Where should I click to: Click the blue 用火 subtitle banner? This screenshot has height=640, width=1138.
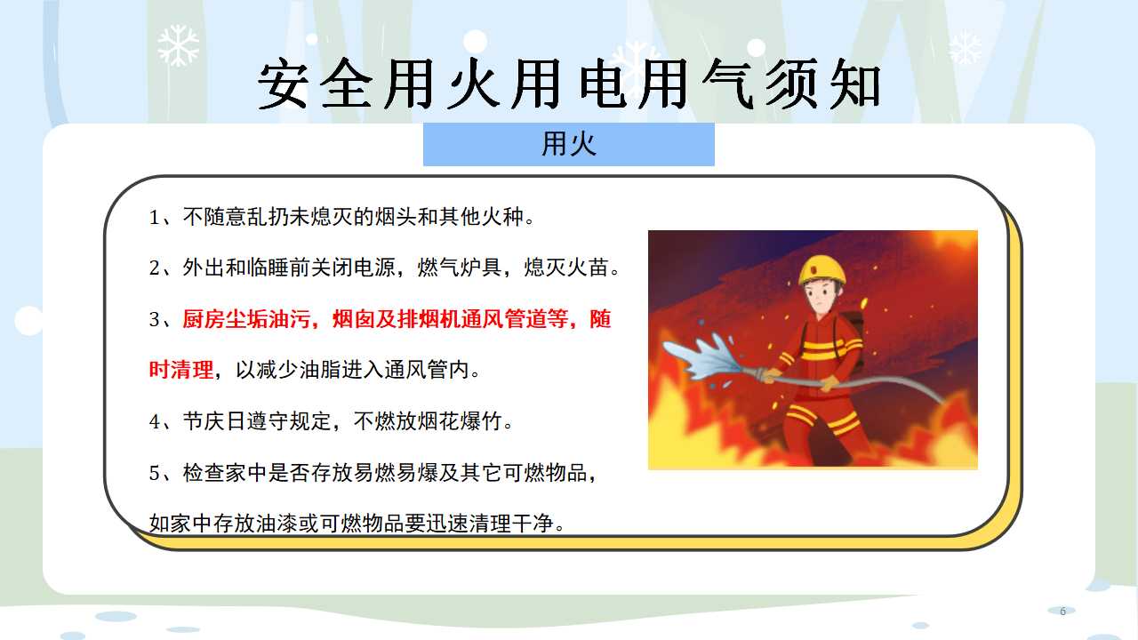click(x=568, y=144)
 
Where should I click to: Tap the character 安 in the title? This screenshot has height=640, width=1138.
click(x=283, y=84)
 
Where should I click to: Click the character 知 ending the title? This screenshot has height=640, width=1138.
click(x=854, y=84)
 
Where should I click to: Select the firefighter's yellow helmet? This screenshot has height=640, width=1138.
click(x=822, y=269)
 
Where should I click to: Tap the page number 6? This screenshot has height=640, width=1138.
click(x=1062, y=611)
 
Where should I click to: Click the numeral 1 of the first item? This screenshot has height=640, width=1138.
click(x=154, y=218)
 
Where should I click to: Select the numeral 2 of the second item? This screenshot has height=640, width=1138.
click(x=155, y=268)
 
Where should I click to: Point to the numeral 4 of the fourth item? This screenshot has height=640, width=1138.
click(x=155, y=421)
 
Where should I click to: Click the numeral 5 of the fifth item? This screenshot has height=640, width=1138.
click(x=155, y=474)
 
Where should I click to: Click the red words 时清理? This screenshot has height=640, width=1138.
click(x=180, y=369)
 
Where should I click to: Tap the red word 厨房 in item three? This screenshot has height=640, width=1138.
click(x=204, y=319)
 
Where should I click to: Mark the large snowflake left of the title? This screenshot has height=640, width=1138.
click(x=178, y=45)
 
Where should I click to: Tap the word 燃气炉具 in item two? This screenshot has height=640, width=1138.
click(x=460, y=268)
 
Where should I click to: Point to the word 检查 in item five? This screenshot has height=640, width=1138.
click(x=204, y=472)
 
